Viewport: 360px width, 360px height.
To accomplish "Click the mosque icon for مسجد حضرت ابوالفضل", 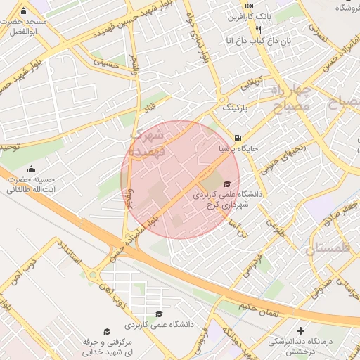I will click(24, 11).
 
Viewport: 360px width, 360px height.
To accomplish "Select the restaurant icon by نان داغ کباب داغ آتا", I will click(258, 30).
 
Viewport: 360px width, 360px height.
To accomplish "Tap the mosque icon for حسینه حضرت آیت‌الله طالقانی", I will click(32, 169).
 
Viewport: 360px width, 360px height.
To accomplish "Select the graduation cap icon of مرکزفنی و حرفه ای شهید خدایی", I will click(107, 331).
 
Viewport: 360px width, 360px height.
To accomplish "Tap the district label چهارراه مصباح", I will click(288, 98).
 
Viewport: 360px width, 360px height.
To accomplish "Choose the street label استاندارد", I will click(70, 255).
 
